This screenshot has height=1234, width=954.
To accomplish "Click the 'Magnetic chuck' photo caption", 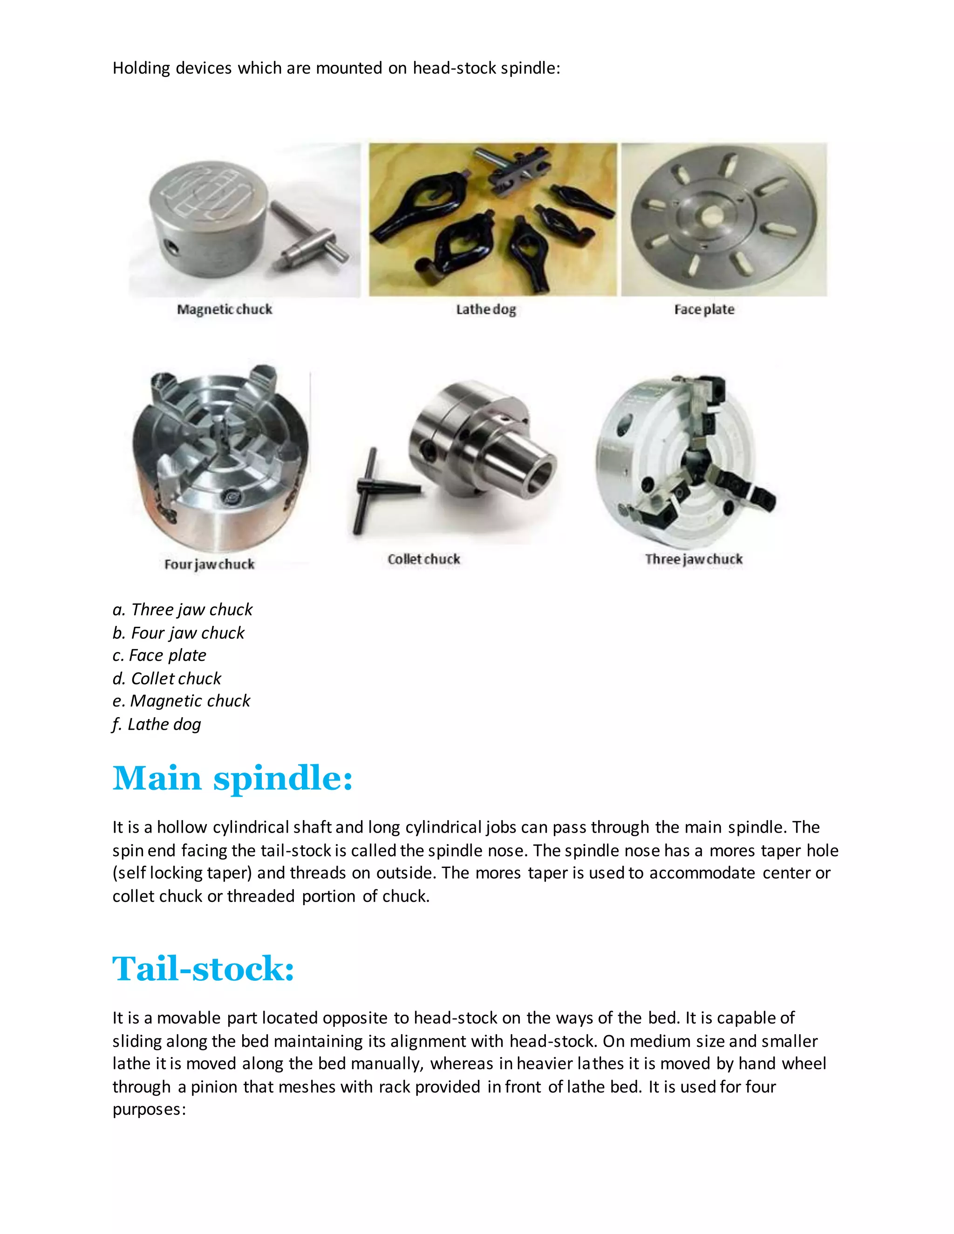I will click(225, 309).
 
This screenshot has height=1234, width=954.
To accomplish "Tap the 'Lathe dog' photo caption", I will click(485, 309).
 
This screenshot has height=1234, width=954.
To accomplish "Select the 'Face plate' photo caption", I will click(704, 309).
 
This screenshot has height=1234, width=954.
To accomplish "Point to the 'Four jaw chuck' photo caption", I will click(209, 564).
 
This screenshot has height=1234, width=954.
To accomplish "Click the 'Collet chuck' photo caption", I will click(424, 559).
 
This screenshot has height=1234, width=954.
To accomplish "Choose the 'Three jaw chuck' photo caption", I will click(694, 559).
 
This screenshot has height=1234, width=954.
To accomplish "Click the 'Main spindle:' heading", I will click(232, 778).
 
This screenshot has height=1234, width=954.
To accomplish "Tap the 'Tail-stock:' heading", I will click(204, 969).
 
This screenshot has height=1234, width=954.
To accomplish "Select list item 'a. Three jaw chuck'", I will click(183, 609).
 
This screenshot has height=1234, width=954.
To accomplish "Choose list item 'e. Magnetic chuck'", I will click(181, 701).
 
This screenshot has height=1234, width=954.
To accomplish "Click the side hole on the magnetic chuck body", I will click(170, 247).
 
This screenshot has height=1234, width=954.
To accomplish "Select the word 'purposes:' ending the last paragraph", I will click(149, 1109).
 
